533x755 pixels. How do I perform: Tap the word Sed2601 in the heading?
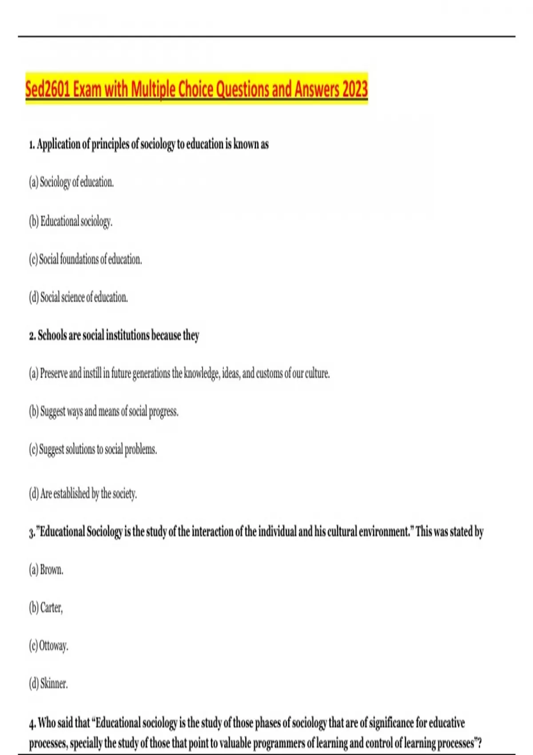click(x=48, y=89)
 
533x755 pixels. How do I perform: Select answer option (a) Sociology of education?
click(x=71, y=182)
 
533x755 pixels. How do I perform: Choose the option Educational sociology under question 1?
click(x=71, y=221)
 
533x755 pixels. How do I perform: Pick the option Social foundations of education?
click(x=85, y=259)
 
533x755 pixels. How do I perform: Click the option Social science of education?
click(x=78, y=297)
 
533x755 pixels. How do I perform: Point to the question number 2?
click(x=32, y=336)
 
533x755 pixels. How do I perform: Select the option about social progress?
click(x=103, y=411)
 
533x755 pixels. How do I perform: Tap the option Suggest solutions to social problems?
click(x=93, y=449)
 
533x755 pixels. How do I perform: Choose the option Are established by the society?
click(x=83, y=493)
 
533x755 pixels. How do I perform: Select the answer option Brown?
click(x=46, y=569)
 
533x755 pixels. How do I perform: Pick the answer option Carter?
click(x=46, y=608)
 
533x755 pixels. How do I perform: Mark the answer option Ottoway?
click(x=48, y=645)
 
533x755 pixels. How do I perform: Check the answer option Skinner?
click(x=48, y=683)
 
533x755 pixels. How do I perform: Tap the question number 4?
click(x=32, y=724)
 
